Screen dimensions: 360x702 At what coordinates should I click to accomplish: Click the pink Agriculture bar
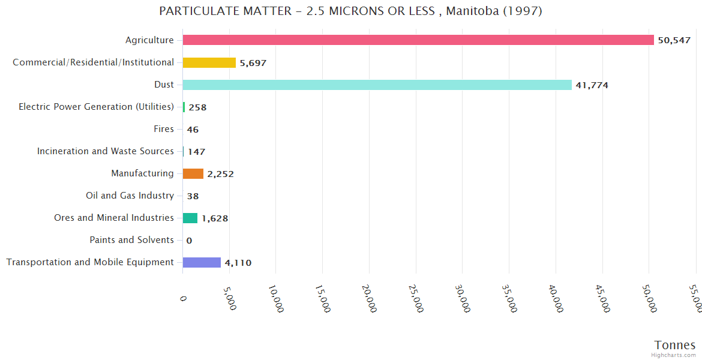(x=418, y=40)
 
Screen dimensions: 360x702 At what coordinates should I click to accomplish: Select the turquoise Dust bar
(x=377, y=85)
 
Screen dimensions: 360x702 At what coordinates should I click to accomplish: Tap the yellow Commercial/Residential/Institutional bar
(x=209, y=62)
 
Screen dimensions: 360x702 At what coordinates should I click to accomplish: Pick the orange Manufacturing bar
(x=193, y=174)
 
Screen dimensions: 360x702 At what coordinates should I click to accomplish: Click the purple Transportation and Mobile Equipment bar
(x=202, y=262)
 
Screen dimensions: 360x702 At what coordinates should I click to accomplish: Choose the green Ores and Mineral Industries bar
(x=190, y=218)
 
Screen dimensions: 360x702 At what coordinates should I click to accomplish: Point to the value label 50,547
(x=674, y=40)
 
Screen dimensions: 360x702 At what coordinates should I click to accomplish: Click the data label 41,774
(x=592, y=85)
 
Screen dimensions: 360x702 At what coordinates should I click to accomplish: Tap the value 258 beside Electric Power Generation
(x=197, y=107)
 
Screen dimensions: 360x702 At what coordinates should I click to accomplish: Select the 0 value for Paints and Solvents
(x=189, y=241)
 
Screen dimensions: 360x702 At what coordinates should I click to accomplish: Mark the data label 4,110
(x=238, y=263)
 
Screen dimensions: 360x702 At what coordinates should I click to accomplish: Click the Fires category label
(x=164, y=129)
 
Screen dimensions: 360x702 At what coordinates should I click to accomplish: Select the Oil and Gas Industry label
(x=130, y=196)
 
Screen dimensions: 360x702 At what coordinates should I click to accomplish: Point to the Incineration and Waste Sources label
(x=106, y=151)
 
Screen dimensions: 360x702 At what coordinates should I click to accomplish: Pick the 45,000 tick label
(x=601, y=298)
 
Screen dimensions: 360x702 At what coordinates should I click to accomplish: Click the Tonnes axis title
(x=674, y=345)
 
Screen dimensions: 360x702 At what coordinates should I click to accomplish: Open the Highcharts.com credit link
(x=674, y=355)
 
